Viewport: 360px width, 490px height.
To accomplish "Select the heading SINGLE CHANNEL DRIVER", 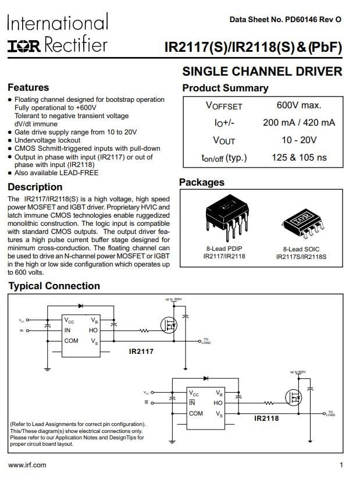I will click(262, 72).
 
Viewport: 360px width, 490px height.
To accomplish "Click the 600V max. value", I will click(299, 105).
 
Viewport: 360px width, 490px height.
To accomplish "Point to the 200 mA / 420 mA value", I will click(299, 123).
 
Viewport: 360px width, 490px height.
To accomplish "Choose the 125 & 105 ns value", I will click(299, 158).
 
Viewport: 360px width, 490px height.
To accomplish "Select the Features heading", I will click(28, 88).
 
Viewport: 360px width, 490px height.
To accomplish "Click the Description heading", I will click(35, 187).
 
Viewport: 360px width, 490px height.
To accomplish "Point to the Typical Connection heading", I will click(54, 286).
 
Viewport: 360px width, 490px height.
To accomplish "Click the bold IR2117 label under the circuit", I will click(141, 351).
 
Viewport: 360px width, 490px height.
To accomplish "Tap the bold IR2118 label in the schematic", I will click(266, 418).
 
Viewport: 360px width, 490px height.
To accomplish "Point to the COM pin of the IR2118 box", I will click(196, 413).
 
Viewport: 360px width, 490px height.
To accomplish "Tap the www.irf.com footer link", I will click(27, 465).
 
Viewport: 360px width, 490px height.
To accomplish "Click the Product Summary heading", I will click(225, 88).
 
